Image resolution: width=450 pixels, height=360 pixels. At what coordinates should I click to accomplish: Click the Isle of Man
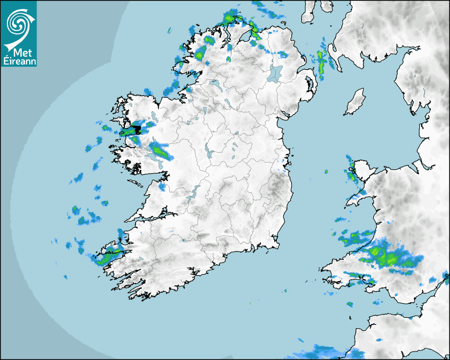click(x=355, y=102)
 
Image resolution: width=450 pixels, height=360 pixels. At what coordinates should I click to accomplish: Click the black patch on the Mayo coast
click(x=137, y=129)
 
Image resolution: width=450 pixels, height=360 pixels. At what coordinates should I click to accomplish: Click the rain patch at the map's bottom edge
click(x=323, y=352)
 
